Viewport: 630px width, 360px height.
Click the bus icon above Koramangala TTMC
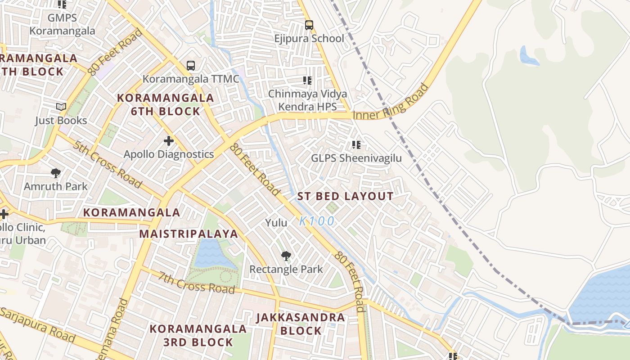click(191, 66)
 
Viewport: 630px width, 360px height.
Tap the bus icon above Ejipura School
click(309, 25)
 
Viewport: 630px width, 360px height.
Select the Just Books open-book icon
click(61, 107)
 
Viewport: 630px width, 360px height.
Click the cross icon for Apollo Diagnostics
click(169, 141)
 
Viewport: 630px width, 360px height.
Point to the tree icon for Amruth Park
click(56, 173)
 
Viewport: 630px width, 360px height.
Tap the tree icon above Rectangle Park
click(286, 256)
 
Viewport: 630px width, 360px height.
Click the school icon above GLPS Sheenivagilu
click(356, 145)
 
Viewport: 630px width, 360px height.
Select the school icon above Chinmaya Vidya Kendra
click(307, 81)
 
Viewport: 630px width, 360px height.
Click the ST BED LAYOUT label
click(345, 197)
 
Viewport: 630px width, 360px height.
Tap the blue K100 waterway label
click(317, 221)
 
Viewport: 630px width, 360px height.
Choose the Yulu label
click(276, 223)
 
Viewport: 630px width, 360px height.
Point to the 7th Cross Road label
click(196, 283)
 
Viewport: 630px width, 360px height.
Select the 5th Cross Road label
click(108, 164)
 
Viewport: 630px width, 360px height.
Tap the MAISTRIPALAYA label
click(188, 234)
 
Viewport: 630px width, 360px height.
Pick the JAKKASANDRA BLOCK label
click(301, 324)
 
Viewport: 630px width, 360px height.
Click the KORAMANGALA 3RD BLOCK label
click(198, 335)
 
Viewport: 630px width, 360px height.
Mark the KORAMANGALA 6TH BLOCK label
click(166, 104)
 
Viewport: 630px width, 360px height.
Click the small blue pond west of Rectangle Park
click(208, 253)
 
